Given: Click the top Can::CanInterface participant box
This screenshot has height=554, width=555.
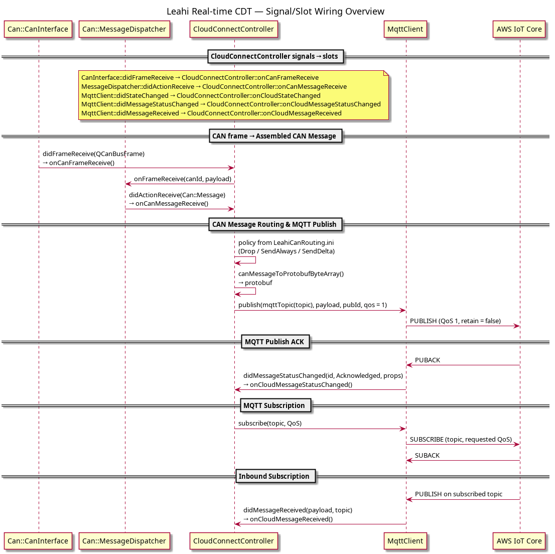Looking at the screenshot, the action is coord(38,29).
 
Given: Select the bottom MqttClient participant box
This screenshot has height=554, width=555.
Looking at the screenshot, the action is coord(405,541).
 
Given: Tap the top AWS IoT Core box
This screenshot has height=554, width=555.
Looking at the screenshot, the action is coord(519,29).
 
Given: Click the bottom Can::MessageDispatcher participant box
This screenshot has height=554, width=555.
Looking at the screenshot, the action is coord(124,541).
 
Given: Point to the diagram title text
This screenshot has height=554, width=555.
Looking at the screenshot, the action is coord(275,12).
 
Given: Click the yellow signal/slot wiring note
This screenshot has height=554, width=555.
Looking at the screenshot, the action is coord(234,95).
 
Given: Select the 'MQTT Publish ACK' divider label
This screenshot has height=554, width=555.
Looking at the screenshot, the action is coord(275,342).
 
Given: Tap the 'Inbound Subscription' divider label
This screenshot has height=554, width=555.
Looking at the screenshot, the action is coord(275,476).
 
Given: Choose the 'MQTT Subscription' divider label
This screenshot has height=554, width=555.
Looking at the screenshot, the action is coord(275,405).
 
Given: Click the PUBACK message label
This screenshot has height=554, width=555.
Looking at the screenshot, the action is coord(428,360).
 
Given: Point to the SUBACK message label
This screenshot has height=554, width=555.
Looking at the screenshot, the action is coord(427,455).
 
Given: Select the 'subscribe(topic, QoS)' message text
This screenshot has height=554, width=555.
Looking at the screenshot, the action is coord(269,424).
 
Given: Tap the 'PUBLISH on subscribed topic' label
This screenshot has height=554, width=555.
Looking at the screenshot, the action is coord(458,494).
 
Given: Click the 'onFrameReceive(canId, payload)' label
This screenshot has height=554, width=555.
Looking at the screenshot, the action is coord(183,179).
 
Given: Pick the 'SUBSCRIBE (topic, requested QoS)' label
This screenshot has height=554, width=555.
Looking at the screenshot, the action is coord(461,439).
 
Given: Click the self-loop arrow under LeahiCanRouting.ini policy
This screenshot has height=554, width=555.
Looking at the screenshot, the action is coord(255,260).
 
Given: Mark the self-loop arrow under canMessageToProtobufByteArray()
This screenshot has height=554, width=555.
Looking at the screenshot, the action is coord(255,292).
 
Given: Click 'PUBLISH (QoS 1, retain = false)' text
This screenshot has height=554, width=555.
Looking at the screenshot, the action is coord(455,321).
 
